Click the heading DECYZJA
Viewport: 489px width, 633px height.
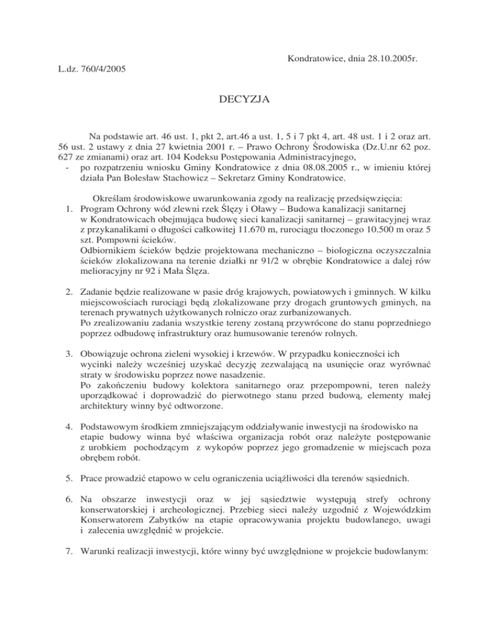coord(244,99)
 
